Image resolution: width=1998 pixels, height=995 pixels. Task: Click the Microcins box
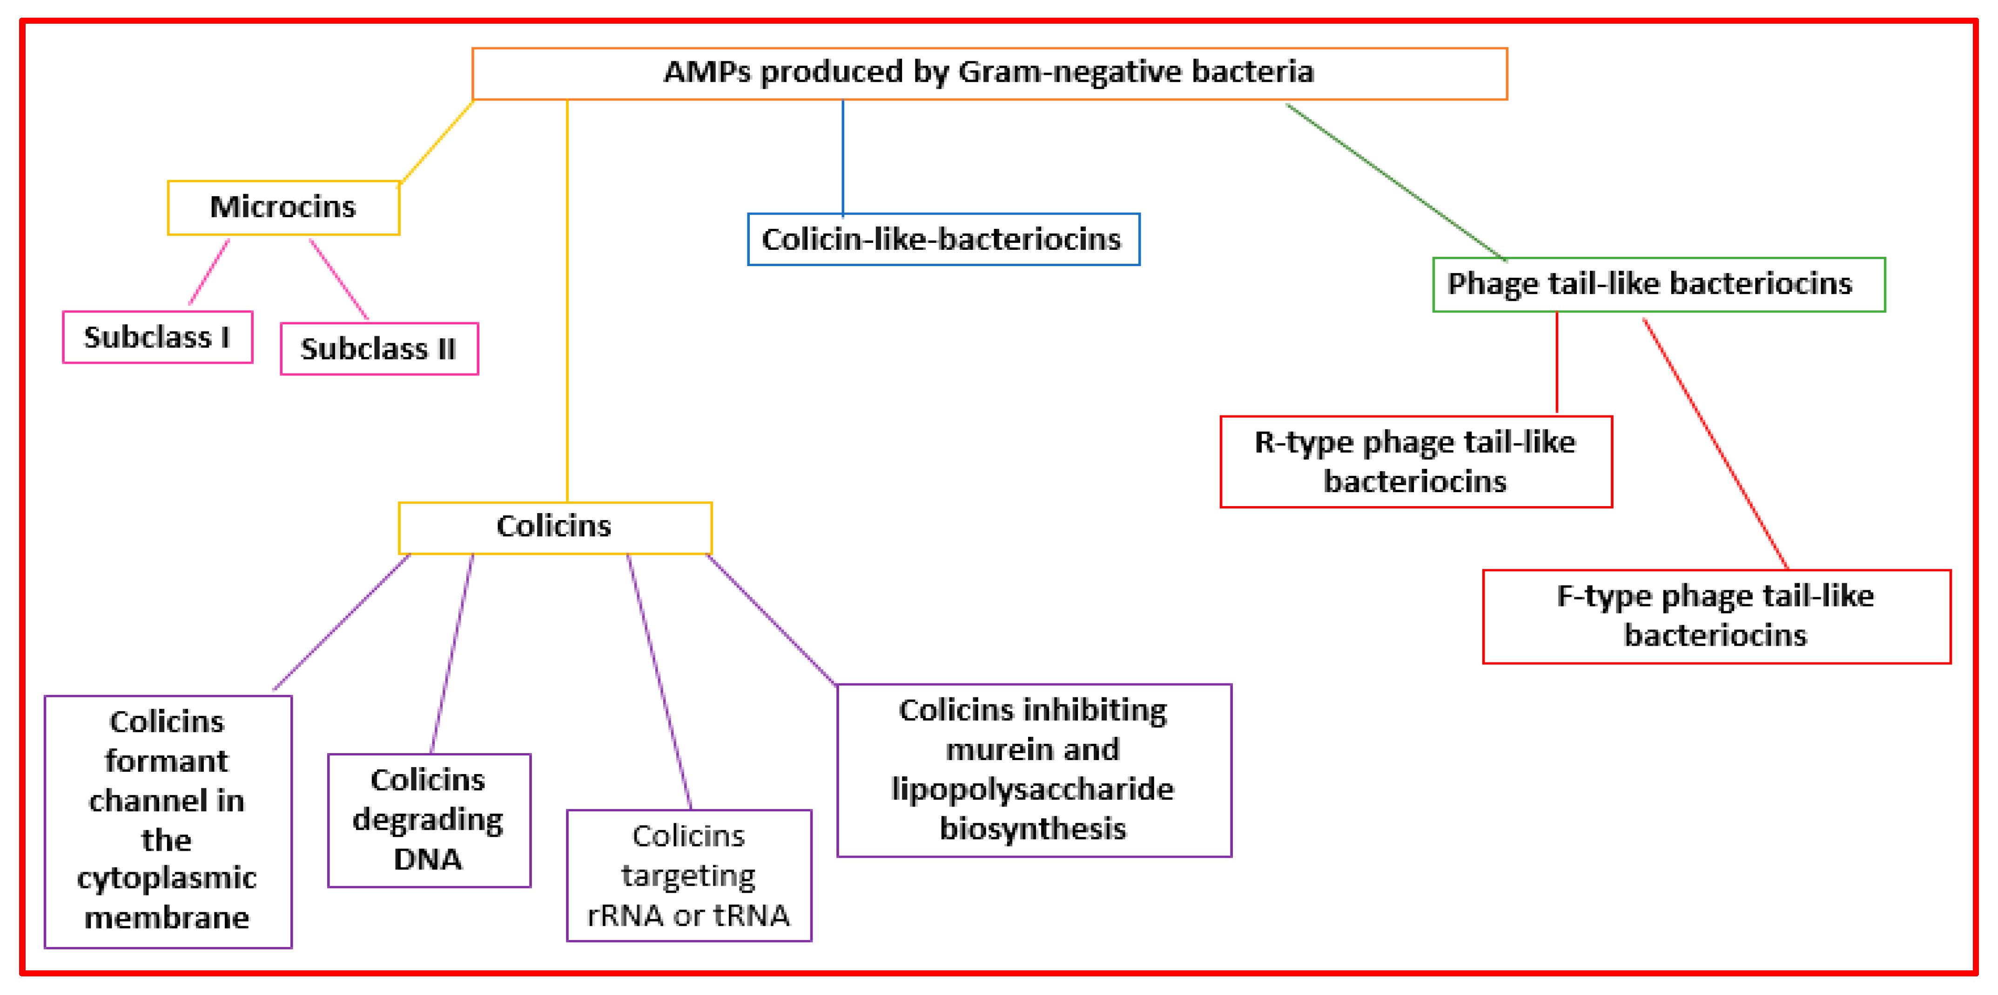click(x=283, y=207)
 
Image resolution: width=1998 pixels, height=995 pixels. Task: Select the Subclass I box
click(x=157, y=337)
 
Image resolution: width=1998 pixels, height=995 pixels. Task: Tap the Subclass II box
click(x=378, y=349)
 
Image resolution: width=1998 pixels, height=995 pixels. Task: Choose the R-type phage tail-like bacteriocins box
click(x=1415, y=461)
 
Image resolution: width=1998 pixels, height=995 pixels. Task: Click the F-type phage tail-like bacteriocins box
click(x=1715, y=616)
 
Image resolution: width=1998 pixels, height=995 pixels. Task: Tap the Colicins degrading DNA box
click(x=429, y=820)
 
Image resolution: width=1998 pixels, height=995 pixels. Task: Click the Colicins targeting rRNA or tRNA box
click(x=689, y=875)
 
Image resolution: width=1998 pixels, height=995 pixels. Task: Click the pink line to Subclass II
click(x=339, y=279)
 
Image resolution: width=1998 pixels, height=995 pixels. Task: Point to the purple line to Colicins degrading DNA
click(x=452, y=651)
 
